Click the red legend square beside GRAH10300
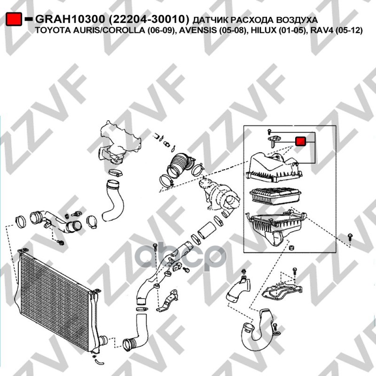coord(14,19)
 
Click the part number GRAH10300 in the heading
coord(70,19)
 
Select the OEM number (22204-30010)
coord(149,19)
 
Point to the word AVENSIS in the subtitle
coord(194,31)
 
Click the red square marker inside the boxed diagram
coord(300,141)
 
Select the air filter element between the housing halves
coord(275,196)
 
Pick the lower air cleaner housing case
coord(276,226)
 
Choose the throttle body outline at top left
coord(119,142)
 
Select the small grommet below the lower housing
coord(291,248)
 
